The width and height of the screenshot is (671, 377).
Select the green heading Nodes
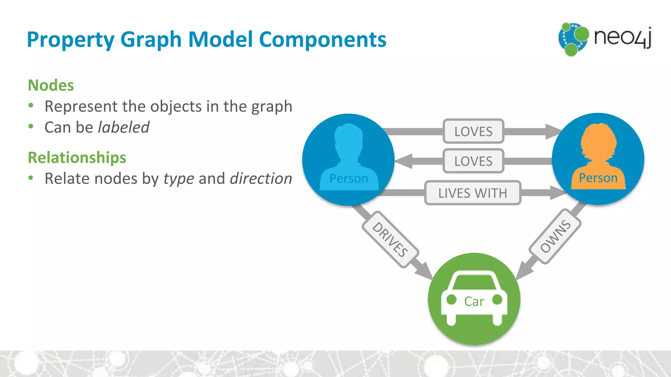pyautogui.click(x=51, y=85)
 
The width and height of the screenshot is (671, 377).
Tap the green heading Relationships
pyautogui.click(x=77, y=157)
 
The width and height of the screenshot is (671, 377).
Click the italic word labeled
pyautogui.click(x=124, y=127)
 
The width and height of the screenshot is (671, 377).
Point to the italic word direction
pyautogui.click(x=261, y=179)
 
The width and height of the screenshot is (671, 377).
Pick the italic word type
pyautogui.click(x=179, y=179)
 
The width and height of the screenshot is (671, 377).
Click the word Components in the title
pyautogui.click(x=323, y=40)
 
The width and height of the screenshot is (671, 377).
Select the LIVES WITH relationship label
pyautogui.click(x=472, y=193)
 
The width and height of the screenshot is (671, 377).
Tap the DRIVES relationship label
pyautogui.click(x=390, y=239)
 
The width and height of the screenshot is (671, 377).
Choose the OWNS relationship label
pyautogui.click(x=555, y=236)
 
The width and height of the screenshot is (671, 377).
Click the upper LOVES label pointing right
pyautogui.click(x=473, y=132)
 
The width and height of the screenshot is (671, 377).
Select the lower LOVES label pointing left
pyautogui.click(x=473, y=161)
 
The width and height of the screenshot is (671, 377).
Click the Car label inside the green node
pyautogui.click(x=474, y=301)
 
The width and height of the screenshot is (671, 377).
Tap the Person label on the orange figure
pyautogui.click(x=598, y=178)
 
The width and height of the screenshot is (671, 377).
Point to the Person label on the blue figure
pyautogui.click(x=349, y=179)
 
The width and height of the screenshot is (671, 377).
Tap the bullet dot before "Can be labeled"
pyautogui.click(x=31, y=127)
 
